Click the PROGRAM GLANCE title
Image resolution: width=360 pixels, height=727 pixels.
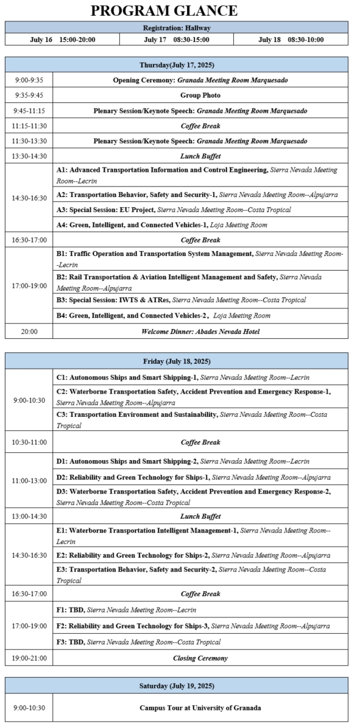[164, 10]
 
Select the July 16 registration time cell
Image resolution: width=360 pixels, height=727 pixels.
[63, 40]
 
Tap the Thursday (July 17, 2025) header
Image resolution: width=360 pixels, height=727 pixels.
[177, 65]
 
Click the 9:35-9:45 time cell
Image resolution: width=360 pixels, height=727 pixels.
[29, 95]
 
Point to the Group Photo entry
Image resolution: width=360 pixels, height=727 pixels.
[200, 95]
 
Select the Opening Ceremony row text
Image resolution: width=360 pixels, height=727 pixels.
[200, 80]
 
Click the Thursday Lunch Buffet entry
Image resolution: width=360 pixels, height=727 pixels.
[200, 156]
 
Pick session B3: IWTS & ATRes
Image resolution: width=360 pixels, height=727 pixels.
[181, 300]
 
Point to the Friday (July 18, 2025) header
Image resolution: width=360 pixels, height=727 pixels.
[177, 361]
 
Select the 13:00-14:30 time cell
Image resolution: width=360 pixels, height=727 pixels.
[29, 516]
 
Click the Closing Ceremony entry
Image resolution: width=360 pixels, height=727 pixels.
[200, 658]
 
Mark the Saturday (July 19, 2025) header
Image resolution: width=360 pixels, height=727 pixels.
[177, 685]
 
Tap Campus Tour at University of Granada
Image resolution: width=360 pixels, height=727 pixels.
[200, 707]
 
